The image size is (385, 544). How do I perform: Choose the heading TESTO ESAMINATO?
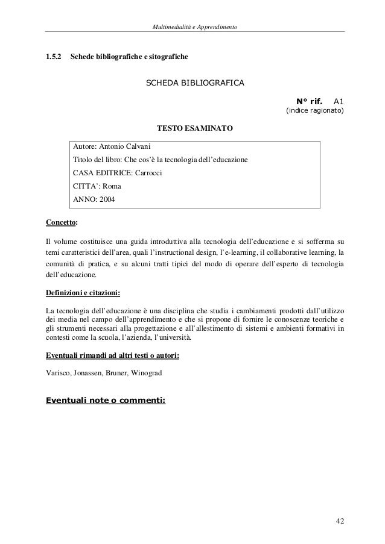coord(194,128)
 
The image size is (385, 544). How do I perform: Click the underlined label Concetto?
coord(62,222)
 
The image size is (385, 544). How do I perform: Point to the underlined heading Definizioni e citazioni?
coord(83,293)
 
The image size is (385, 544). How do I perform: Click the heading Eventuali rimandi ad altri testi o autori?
coord(112,356)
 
